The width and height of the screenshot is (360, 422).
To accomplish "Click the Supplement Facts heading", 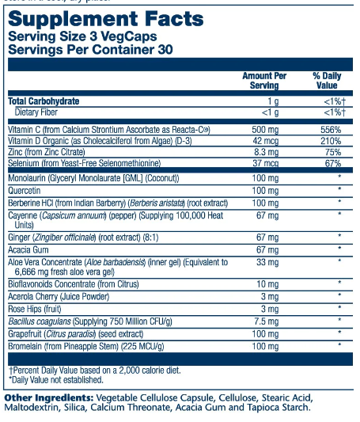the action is point(106,19).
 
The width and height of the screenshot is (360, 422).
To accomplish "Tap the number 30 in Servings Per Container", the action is point(165,50).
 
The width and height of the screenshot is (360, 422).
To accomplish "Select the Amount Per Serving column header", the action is point(264,81).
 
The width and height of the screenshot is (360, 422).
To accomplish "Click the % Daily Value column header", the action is point(327,81).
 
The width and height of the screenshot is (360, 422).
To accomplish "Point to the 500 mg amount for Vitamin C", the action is point(265,130).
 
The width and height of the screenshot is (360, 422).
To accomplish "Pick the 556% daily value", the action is point(331,130).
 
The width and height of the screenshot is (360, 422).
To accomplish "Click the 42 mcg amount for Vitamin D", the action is point(266,141).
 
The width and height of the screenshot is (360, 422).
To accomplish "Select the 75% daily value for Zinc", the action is point(333,152).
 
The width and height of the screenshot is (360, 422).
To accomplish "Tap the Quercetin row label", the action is point(25,191).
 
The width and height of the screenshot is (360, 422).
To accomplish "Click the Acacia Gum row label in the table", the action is point(28,249).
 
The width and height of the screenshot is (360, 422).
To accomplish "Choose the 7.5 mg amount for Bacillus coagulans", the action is point(267,321).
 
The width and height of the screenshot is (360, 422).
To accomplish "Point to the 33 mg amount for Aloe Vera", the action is point(267,262).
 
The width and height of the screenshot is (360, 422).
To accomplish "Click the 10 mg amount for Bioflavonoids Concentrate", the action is point(267,284).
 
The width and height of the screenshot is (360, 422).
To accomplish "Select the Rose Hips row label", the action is point(35,309).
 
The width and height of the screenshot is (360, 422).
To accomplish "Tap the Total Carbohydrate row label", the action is point(44,101).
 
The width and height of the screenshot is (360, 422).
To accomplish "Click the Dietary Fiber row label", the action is point(36,112).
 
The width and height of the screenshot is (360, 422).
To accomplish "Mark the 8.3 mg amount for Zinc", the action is point(267,152).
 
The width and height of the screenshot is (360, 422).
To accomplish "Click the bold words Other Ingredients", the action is point(49,397).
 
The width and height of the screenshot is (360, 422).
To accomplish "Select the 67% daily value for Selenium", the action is point(333,163).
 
